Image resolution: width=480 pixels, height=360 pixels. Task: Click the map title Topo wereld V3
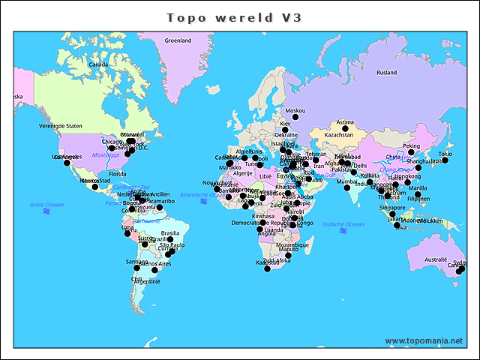(234, 17)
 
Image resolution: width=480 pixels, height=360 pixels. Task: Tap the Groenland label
(178, 40)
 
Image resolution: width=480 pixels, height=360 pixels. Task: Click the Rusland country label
(387, 73)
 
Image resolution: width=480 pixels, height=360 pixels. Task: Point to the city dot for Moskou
(295, 118)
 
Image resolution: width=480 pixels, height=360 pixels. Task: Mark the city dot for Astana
(346, 129)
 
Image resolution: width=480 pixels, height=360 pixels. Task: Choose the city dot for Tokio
(445, 160)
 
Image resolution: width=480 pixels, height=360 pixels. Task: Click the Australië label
(436, 259)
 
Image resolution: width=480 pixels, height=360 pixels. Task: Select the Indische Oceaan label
(343, 223)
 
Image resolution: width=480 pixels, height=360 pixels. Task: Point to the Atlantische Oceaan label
(198, 194)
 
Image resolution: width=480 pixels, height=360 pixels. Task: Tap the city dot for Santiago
(136, 268)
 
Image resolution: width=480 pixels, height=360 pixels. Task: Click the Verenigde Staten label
(61, 126)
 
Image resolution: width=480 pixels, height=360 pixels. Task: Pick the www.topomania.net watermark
(424, 340)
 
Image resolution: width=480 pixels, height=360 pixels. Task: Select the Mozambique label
(292, 244)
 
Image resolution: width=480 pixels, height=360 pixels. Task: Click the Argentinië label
(145, 281)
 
